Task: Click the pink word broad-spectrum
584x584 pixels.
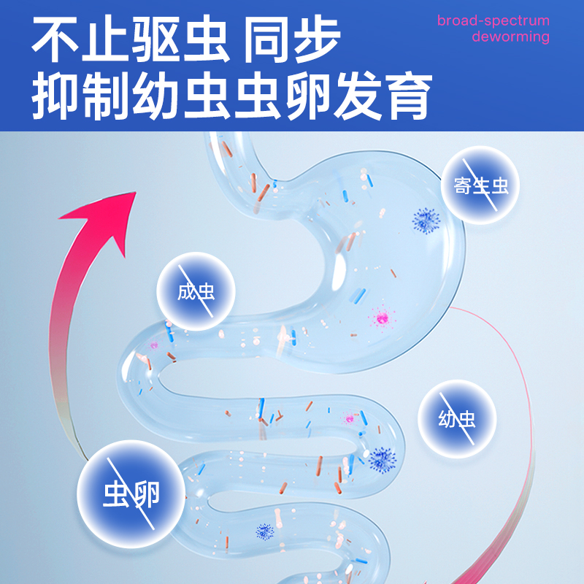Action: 493,20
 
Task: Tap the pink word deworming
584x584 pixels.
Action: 510,36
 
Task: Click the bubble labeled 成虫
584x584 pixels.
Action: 196,292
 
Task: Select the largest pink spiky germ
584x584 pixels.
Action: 381,318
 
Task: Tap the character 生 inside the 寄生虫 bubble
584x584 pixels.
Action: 480,187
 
